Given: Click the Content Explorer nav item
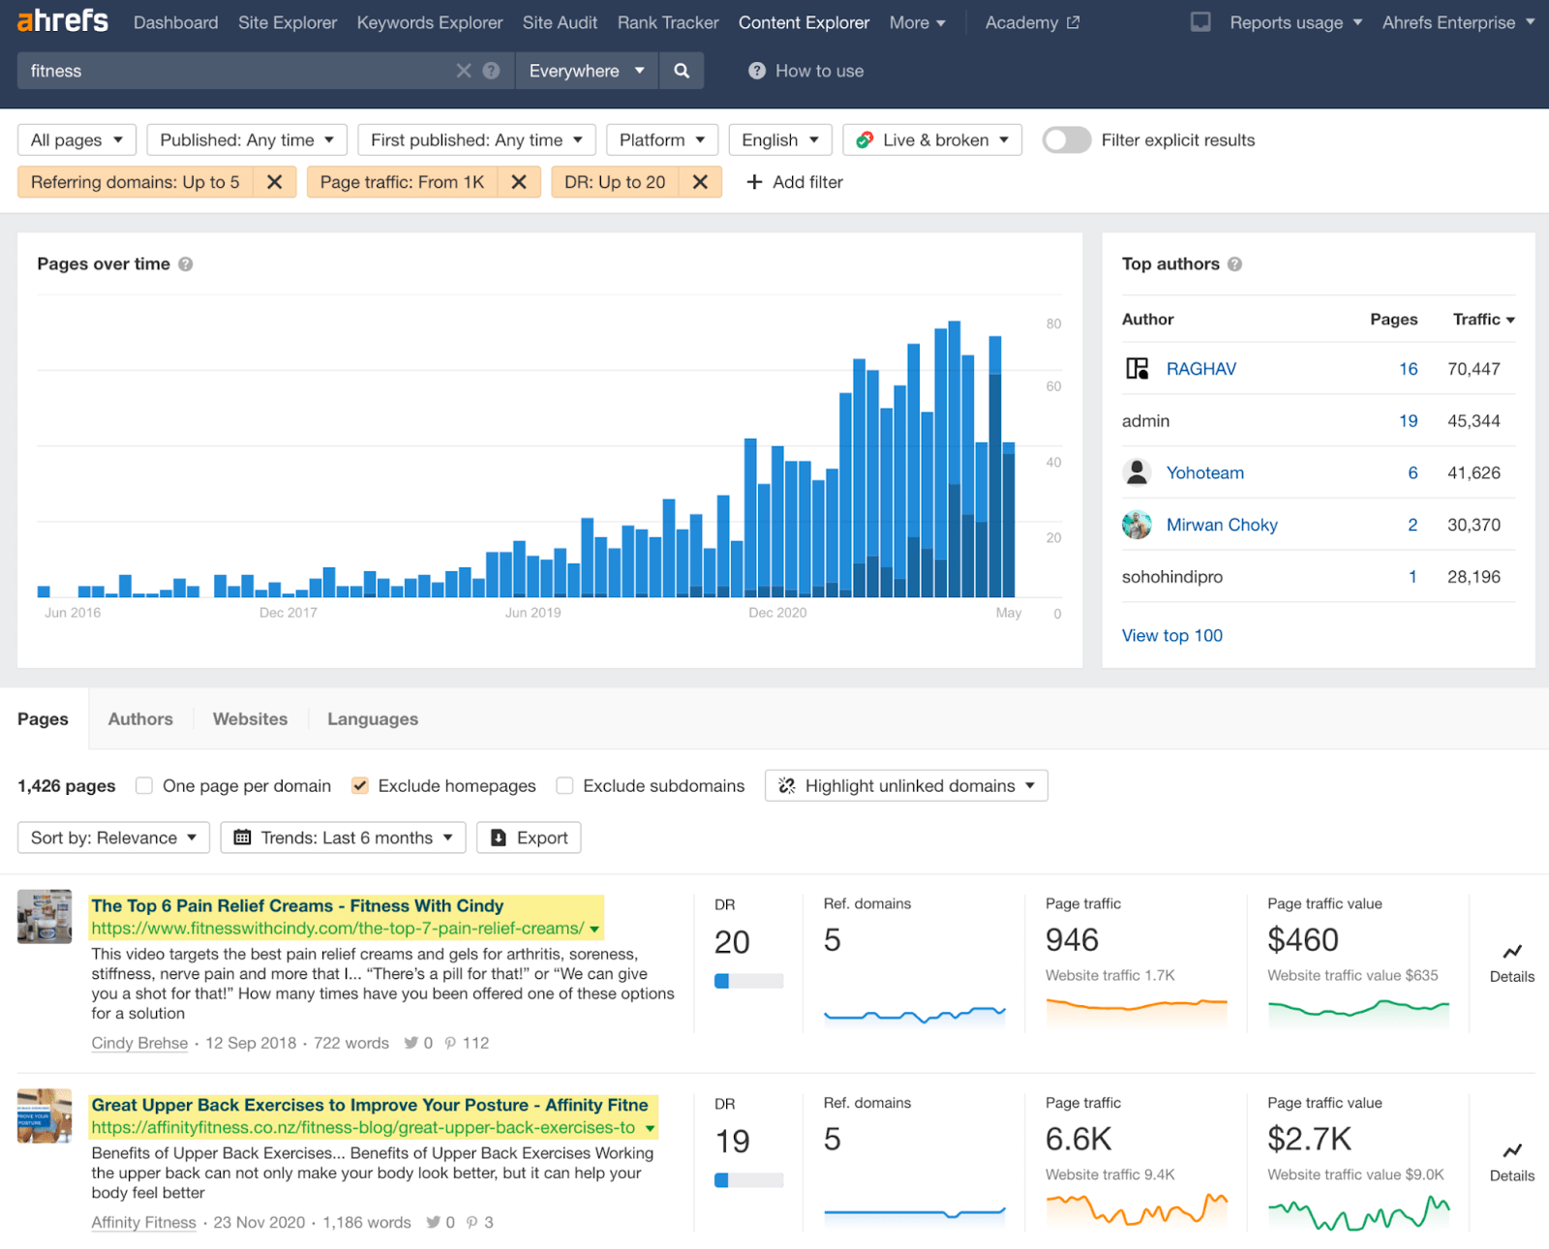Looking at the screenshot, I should click(x=804, y=22).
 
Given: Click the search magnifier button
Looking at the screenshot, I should click(x=682, y=71).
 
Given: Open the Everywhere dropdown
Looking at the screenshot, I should click(x=586, y=71).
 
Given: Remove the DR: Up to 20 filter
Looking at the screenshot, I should click(x=700, y=182).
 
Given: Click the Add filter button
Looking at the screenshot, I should click(x=794, y=182).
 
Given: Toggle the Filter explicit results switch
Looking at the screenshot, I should click(x=1066, y=140).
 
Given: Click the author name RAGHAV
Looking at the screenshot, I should click(x=1200, y=369).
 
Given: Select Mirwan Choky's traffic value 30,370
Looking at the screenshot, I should click(x=1473, y=525).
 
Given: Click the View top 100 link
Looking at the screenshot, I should click(x=1171, y=636).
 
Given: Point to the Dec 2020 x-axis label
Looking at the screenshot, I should click(x=777, y=613).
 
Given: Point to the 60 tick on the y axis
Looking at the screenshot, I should click(x=1053, y=386).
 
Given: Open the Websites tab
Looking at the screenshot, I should click(x=250, y=719).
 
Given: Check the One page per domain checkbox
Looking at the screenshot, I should click(x=144, y=786).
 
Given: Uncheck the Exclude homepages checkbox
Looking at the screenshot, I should click(x=360, y=786).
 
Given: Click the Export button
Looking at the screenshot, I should click(x=529, y=838).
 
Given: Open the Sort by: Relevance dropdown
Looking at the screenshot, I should click(x=113, y=838).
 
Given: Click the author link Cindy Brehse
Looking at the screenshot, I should click(x=139, y=1044).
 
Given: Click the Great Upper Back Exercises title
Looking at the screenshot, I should click(x=369, y=1106).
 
